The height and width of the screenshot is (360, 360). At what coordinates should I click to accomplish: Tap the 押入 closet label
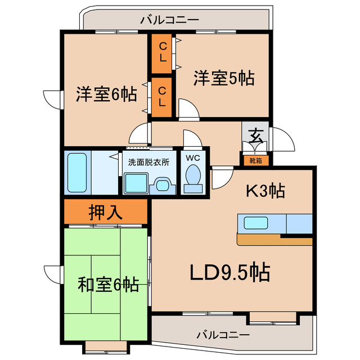pyautogui.click(x=105, y=212)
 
